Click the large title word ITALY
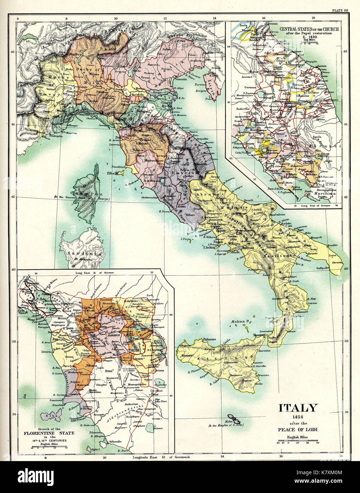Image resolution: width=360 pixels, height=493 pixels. point(298,408)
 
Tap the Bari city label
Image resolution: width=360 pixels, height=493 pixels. point(300,230)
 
